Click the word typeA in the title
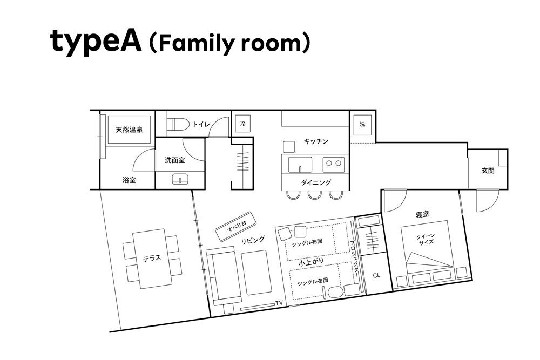point(96,42)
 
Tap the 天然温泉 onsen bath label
point(129,130)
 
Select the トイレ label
point(201,124)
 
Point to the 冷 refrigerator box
point(243,124)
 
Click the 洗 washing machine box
point(362,124)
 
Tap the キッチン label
point(316,141)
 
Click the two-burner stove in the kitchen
point(333,165)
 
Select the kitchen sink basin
point(300,165)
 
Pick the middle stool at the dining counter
point(315,195)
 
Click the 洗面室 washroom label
point(174,160)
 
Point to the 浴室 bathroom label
point(129,180)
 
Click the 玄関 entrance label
point(488,171)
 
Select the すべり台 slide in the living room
point(236,227)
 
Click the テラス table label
point(152,258)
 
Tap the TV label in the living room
point(279,303)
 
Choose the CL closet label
point(376,275)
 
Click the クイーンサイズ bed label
point(426,239)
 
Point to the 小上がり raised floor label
point(311,262)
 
